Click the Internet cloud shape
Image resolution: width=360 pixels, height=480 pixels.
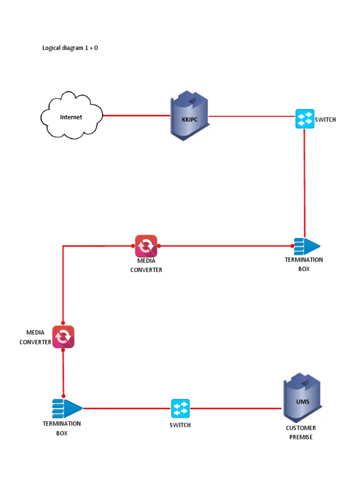(71, 116)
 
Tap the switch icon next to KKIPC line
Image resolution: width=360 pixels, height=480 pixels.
(305, 119)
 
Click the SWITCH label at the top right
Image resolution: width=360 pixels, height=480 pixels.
(325, 120)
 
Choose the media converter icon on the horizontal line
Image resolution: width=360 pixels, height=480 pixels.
(146, 246)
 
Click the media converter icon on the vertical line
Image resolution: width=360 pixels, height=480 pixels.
(63, 337)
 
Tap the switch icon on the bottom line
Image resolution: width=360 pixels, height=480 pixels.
(180, 408)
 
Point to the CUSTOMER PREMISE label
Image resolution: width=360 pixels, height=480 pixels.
(301, 432)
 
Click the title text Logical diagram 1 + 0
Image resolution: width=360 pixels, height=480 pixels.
(70, 48)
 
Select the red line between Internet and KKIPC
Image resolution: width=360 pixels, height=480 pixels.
(136, 115)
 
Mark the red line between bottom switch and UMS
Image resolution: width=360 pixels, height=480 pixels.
(237, 408)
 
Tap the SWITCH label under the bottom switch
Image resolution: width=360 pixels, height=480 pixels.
(180, 425)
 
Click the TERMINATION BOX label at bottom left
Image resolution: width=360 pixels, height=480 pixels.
(62, 428)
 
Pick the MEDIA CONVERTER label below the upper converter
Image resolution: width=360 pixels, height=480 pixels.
(146, 265)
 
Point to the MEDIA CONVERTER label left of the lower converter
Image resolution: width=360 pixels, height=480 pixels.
(35, 337)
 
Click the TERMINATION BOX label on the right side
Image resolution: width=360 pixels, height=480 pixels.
(304, 264)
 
